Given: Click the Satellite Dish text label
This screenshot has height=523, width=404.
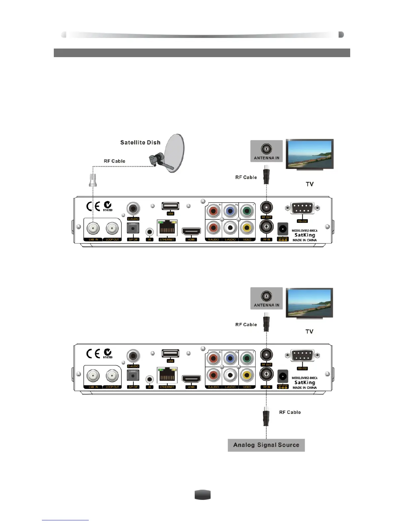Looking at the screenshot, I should tap(140, 143).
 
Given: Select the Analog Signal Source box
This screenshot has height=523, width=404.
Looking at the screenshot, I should tap(266, 445).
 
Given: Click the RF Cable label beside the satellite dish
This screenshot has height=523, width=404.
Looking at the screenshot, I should tap(115, 161).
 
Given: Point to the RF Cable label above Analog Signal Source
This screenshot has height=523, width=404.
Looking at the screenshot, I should tap(290, 412).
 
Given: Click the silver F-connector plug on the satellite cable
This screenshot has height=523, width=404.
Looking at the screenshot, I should tap(93, 180).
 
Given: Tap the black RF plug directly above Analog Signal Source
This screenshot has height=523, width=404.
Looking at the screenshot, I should tap(266, 417).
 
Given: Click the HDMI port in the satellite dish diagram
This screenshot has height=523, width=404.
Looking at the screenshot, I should tap(191, 231).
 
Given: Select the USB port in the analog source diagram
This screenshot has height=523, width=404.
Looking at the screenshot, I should tap(170, 354).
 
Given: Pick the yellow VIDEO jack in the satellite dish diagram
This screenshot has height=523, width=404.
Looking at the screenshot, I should tap(247, 227).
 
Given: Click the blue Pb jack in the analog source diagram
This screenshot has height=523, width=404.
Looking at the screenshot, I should tap(230, 358).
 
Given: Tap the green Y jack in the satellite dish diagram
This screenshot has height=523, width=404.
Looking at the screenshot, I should tap(247, 211).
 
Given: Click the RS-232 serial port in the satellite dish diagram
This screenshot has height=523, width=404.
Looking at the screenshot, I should tap(302, 208).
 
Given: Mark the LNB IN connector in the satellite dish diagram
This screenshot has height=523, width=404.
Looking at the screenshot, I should tap(93, 228).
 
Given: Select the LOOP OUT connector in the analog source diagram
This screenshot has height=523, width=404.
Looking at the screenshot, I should tap(112, 376).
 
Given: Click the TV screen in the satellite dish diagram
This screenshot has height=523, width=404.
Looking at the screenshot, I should tap(309, 154).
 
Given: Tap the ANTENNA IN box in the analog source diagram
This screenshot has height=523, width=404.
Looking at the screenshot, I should tap(266, 298).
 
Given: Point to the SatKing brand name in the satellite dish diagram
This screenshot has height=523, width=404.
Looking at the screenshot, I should tap(305, 235).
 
